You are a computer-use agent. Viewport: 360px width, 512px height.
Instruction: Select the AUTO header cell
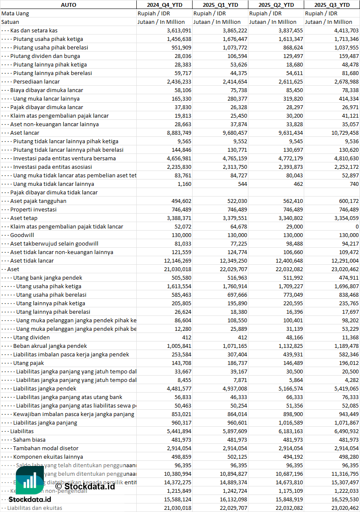(68, 5)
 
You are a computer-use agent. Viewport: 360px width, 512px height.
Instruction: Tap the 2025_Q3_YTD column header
(332, 5)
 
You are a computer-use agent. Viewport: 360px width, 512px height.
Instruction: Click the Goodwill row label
(22, 235)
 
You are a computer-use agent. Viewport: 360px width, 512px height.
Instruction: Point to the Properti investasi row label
(33, 209)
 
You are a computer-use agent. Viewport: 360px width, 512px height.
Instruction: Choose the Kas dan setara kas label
(34, 30)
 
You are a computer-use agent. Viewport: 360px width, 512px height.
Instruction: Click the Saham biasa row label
(29, 440)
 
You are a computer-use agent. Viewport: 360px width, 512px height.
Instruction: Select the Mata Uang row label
(15, 13)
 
